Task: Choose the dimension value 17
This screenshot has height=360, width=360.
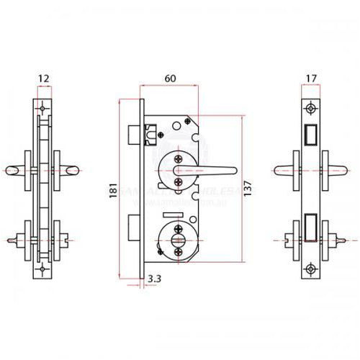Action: click(310, 78)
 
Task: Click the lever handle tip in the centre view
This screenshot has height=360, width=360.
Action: click(232, 170)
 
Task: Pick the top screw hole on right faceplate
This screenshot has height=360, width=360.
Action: click(310, 108)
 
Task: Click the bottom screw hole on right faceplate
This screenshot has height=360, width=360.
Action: click(310, 269)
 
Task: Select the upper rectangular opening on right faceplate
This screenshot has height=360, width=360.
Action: click(310, 134)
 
